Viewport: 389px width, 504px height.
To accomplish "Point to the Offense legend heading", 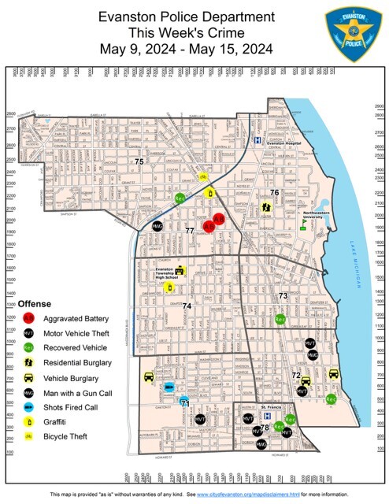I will (35, 303).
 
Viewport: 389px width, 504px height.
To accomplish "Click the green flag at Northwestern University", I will (302, 222).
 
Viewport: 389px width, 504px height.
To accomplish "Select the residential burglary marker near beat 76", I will (266, 208).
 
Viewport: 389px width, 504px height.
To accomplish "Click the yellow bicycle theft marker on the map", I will (202, 177).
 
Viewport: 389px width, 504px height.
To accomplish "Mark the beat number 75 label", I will (139, 161).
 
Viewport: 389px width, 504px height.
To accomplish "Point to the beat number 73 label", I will (283, 295).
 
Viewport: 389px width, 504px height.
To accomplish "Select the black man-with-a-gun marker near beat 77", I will (157, 226).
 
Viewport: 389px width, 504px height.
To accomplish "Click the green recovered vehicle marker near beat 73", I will (280, 319).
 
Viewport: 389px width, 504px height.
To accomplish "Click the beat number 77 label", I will (190, 230).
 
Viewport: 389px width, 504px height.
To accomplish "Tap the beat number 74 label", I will (187, 306).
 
